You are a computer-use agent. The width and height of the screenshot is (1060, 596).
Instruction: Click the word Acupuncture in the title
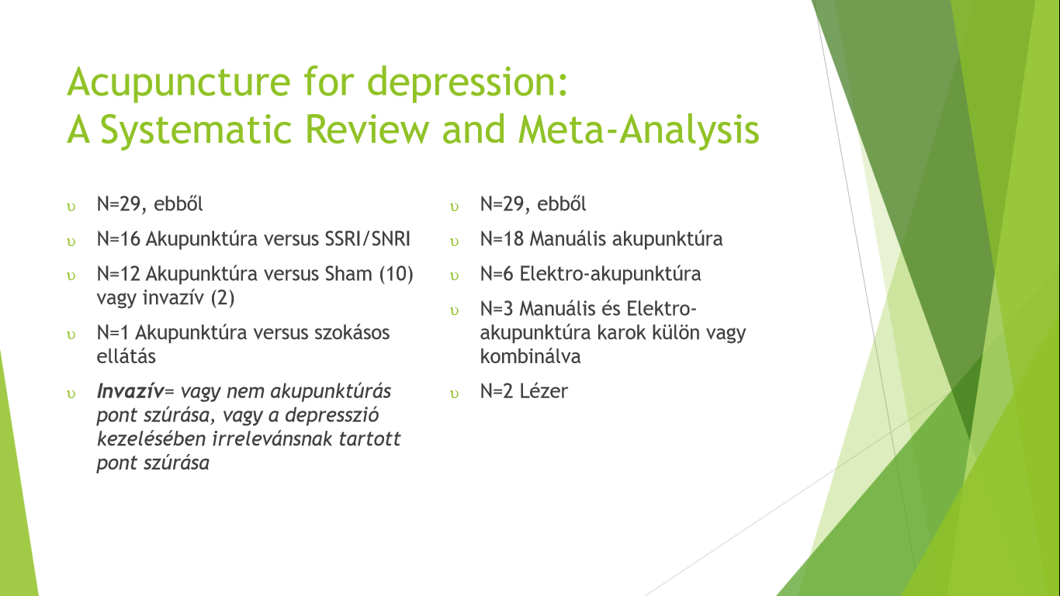[x=178, y=83]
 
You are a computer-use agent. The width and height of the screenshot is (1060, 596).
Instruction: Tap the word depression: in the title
[x=468, y=83]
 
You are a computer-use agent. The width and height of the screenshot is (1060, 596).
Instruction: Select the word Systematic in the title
[x=196, y=130]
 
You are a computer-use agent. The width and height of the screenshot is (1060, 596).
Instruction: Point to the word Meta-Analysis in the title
[x=639, y=130]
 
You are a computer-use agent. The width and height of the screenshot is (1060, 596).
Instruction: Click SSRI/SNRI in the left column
[x=367, y=239]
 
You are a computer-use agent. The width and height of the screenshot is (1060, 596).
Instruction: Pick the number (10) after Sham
[x=396, y=275]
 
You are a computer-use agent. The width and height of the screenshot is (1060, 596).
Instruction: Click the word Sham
[x=348, y=274]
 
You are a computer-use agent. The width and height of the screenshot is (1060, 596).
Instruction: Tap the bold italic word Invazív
[x=130, y=391]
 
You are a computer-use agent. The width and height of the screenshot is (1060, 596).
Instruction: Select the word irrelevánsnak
[x=272, y=438]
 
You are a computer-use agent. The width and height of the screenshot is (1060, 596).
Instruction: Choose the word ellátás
[x=126, y=356]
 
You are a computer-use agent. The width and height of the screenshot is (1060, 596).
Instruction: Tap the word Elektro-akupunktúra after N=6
[x=610, y=274]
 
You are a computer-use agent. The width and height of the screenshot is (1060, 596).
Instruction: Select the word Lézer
[x=544, y=391]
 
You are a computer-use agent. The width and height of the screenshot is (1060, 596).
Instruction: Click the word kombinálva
[x=530, y=356]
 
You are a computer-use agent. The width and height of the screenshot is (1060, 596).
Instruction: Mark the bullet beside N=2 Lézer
[x=454, y=394]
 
